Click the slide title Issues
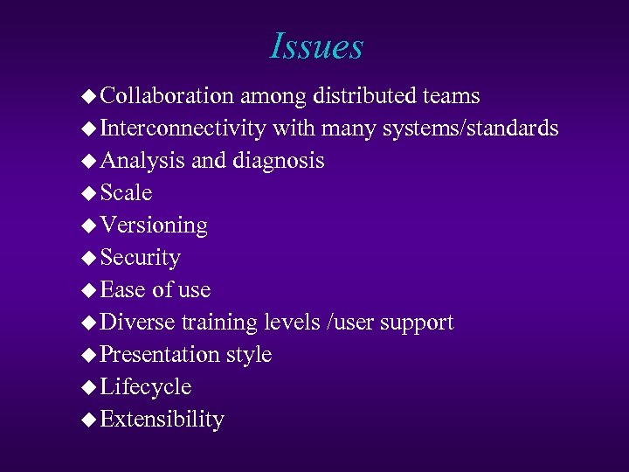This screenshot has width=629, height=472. click(x=316, y=46)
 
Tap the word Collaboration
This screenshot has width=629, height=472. click(x=167, y=95)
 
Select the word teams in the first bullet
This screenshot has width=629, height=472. click(x=450, y=95)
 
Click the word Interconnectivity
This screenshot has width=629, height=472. click(x=183, y=128)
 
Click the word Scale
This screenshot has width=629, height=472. click(x=127, y=192)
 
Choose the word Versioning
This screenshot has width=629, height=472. click(x=154, y=226)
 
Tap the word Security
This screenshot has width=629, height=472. click(x=141, y=258)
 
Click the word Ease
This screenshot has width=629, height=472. click(x=123, y=289)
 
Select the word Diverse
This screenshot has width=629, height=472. click(x=138, y=323)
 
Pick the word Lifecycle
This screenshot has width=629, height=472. click(x=146, y=387)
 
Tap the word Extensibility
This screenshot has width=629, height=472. click(x=162, y=420)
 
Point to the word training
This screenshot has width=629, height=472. click(x=218, y=323)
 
